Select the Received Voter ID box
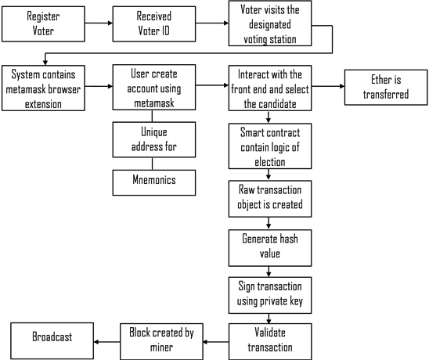150,23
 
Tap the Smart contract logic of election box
269,145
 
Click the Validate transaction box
269,337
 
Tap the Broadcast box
52,338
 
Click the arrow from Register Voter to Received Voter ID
93,23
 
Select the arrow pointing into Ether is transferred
324,87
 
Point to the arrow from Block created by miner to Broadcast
106,339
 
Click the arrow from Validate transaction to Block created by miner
214,339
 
